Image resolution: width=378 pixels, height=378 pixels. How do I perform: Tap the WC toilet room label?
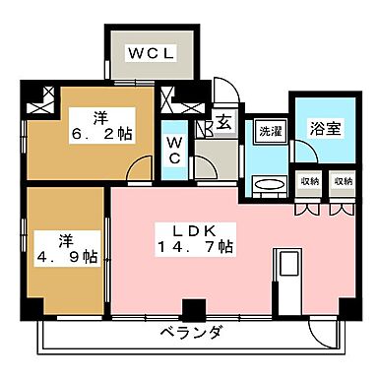coord(173,151)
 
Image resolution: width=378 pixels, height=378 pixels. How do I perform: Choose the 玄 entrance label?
coord(223,125)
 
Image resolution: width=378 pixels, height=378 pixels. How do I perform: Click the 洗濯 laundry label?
coord(270,130)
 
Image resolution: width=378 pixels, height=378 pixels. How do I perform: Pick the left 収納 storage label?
coord(309,182)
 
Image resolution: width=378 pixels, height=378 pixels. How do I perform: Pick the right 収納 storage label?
coord(342,182)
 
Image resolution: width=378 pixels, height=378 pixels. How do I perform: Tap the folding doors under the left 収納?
coord(309,208)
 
